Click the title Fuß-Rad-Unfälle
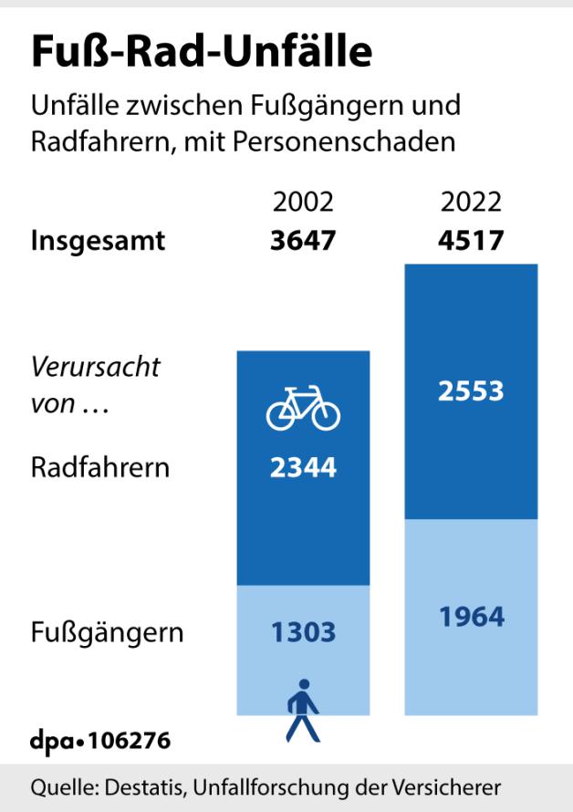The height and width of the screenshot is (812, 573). (x=202, y=52)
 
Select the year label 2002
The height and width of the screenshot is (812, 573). (x=303, y=202)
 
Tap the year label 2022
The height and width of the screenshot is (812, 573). (x=471, y=202)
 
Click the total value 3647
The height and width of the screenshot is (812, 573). (x=303, y=242)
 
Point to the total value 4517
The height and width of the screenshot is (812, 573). (x=471, y=242)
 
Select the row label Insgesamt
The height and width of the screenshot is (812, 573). (x=99, y=242)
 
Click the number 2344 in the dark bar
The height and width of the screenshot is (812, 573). (x=303, y=468)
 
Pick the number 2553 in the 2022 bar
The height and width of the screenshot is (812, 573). (x=471, y=391)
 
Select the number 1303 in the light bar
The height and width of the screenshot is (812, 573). (x=303, y=631)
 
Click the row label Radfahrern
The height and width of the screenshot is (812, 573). (x=100, y=468)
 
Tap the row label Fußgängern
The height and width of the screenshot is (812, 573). (x=108, y=632)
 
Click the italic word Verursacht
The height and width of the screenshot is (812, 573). (x=96, y=368)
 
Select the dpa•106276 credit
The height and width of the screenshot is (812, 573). (x=100, y=740)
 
